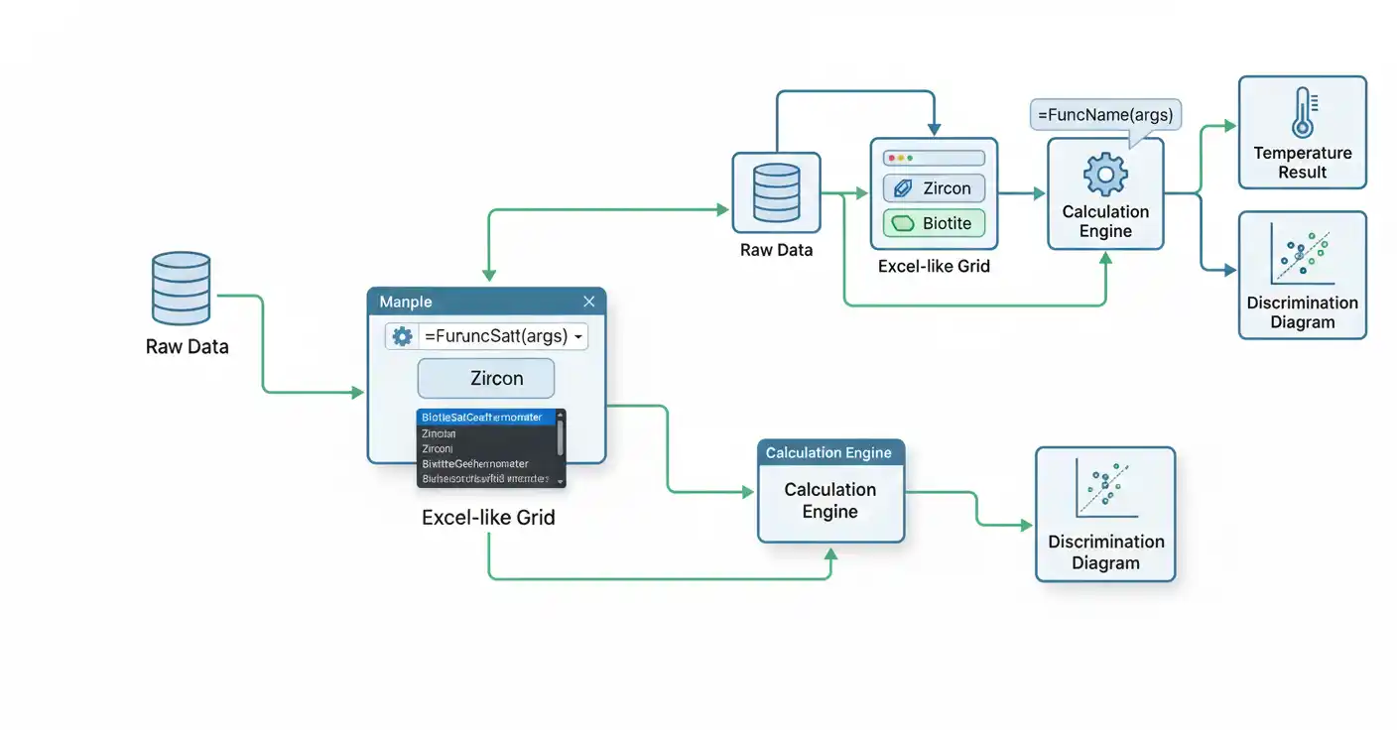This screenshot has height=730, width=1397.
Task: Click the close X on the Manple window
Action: [589, 302]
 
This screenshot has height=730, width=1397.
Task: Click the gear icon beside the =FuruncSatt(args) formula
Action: [402, 336]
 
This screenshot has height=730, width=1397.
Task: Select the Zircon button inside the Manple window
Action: [486, 378]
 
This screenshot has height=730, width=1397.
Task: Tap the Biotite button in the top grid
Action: [934, 223]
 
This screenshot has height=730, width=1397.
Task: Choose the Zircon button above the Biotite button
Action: [934, 188]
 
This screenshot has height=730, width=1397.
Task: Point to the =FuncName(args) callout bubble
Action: [1105, 115]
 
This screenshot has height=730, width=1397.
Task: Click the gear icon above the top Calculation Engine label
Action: [1105, 175]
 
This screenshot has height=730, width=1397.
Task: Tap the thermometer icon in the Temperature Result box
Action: [1302, 112]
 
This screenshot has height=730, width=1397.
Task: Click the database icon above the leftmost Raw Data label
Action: [181, 289]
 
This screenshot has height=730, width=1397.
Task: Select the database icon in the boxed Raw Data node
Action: [776, 194]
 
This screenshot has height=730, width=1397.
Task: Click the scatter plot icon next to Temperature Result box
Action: [1302, 256]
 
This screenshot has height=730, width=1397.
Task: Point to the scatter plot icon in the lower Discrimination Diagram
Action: [1105, 489]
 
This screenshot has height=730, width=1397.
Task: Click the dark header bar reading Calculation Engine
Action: [830, 453]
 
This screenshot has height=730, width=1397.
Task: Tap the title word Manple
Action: [406, 302]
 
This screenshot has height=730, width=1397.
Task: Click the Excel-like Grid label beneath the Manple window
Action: [488, 518]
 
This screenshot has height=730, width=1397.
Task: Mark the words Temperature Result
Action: [1302, 163]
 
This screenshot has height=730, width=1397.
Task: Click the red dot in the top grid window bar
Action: [891, 158]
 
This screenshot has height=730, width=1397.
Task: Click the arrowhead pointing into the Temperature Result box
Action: [1231, 126]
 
